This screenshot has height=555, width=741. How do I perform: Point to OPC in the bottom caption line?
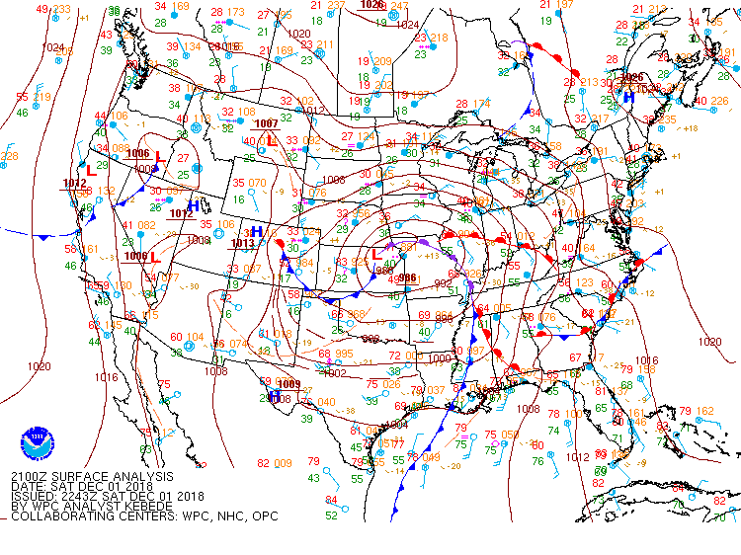pos(266,516)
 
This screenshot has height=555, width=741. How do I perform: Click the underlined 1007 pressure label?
pos(266,123)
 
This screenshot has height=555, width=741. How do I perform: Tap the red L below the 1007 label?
pos(272,141)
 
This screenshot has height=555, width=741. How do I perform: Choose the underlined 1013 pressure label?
pos(243,243)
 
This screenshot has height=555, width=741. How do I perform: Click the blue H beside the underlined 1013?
pos(257,232)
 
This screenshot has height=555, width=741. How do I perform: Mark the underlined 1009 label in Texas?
pos(288,383)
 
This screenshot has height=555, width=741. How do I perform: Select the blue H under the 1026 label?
pos(628,97)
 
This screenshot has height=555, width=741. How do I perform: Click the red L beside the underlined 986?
pos(375,254)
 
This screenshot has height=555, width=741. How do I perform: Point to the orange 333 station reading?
pos(61,9)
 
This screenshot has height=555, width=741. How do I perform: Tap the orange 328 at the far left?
pos(9,156)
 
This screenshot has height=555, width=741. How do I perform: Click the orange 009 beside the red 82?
pos(283,463)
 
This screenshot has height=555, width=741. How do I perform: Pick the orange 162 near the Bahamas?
pos(705,411)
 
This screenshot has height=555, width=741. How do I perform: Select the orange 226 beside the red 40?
pos(720,100)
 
